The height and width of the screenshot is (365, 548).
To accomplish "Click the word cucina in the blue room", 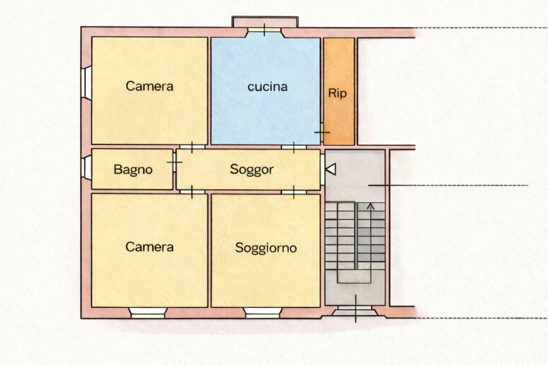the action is click(x=267, y=86).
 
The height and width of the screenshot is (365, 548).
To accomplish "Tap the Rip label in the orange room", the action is click(x=337, y=93).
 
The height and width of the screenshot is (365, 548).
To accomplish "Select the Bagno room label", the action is click(x=133, y=170).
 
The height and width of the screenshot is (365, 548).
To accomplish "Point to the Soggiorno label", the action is click(x=266, y=248).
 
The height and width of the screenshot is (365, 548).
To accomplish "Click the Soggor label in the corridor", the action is click(x=251, y=170).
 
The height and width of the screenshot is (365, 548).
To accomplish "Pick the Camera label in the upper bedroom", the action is click(x=149, y=86).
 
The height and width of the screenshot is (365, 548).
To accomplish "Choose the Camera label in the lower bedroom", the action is click(x=149, y=247).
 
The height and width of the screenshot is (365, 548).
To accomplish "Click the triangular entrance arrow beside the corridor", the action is click(x=331, y=169).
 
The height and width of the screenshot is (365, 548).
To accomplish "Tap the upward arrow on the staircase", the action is click(x=371, y=206).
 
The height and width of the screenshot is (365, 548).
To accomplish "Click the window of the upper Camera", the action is click(x=86, y=83).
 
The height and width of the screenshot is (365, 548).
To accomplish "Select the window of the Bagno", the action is click(x=86, y=168).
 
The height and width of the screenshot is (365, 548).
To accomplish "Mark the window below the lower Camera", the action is click(x=148, y=313).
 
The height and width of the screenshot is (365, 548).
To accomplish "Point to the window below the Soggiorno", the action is click(x=263, y=313).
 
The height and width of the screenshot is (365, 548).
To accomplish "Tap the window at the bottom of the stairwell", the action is click(x=355, y=310).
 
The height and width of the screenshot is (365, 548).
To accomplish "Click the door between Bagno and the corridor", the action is click(x=175, y=162).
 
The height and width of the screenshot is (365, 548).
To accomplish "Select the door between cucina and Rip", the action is click(x=322, y=132).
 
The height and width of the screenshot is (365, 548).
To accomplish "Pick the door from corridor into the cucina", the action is click(x=294, y=147).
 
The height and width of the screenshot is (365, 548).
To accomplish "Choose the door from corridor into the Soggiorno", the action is click(x=294, y=192).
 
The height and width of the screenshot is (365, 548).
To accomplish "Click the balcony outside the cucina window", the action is click(x=265, y=22).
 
